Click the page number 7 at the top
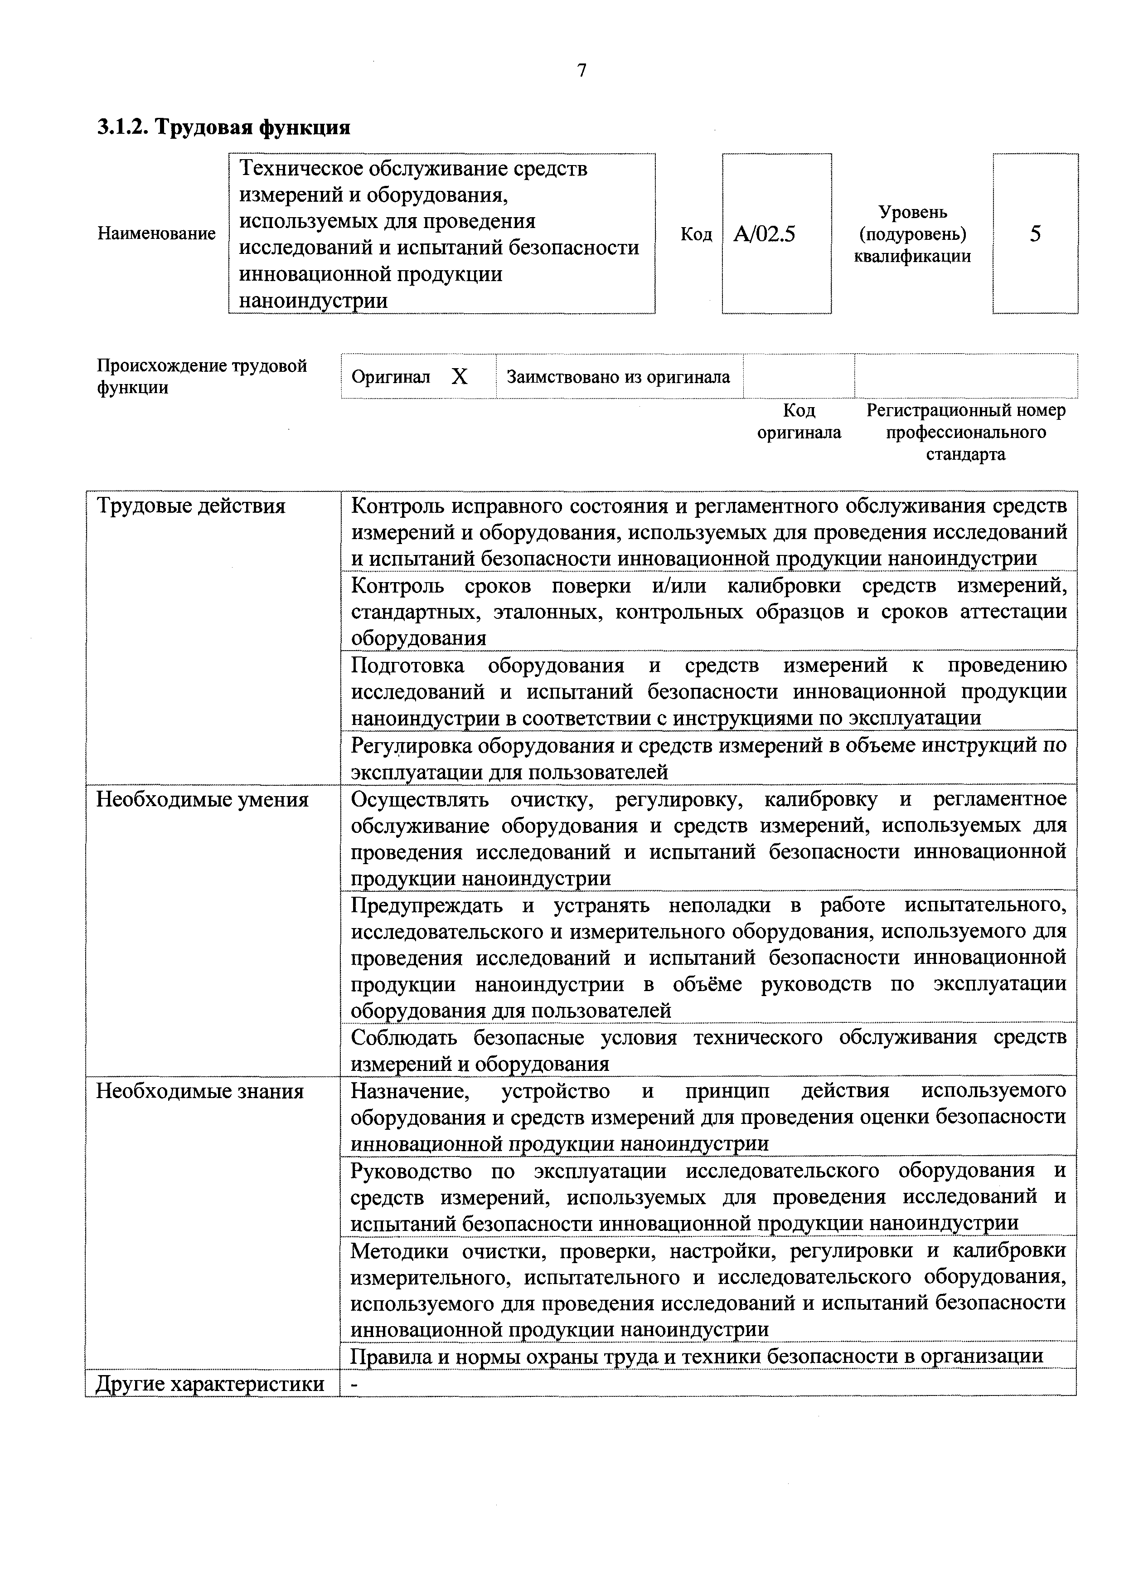[x=581, y=71]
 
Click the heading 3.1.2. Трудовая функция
[x=223, y=127]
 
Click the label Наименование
[x=156, y=234]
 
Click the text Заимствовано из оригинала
[x=618, y=377]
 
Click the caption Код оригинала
[x=799, y=422]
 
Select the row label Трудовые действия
[x=190, y=506]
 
